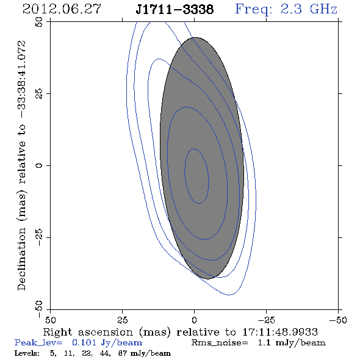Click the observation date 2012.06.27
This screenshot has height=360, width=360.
point(62,9)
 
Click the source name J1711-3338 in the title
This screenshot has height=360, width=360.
point(175,9)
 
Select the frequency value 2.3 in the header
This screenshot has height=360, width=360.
point(291,9)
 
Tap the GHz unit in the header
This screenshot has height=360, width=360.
point(323,9)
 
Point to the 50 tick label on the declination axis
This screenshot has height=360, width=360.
point(39,22)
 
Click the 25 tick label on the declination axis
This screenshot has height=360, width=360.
point(39,94)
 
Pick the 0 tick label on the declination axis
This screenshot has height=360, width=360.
point(39,165)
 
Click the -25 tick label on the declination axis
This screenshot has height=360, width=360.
point(39,237)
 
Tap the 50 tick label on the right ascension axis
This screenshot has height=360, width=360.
point(50,320)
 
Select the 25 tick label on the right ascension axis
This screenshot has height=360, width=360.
point(122,320)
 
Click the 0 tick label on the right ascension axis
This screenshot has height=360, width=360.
point(194,320)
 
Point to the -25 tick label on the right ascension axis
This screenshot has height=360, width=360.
point(266,320)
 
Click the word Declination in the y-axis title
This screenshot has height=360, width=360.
point(21,259)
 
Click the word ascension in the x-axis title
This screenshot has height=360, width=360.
point(106,332)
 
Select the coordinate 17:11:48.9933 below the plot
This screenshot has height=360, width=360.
point(280,332)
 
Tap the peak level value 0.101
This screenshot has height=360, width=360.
point(84,342)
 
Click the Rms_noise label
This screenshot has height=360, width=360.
point(220,343)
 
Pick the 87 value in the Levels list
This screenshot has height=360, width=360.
point(123,353)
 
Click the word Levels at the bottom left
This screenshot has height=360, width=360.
point(27,353)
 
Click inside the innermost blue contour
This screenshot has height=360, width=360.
point(196,176)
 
